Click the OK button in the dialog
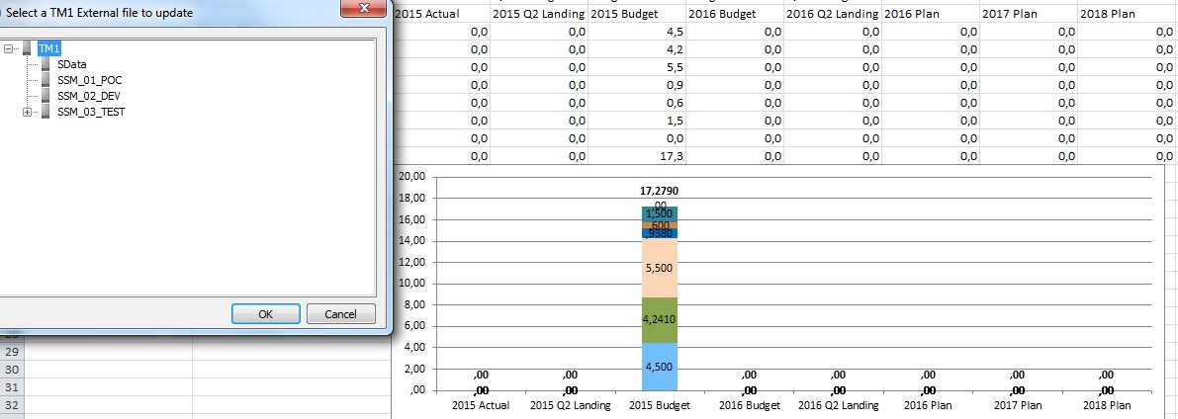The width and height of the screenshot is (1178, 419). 265,314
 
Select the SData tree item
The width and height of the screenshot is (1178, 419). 72,64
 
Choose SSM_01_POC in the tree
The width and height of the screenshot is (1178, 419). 89,80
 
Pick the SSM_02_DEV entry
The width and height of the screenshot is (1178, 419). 89,96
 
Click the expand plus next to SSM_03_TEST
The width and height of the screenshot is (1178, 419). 27,112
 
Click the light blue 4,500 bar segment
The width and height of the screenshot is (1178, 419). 660,365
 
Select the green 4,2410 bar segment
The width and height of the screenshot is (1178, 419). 660,319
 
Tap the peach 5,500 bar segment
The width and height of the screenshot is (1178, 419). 660,268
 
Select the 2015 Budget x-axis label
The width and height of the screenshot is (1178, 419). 659,405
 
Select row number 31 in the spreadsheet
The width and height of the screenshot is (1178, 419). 13,387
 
